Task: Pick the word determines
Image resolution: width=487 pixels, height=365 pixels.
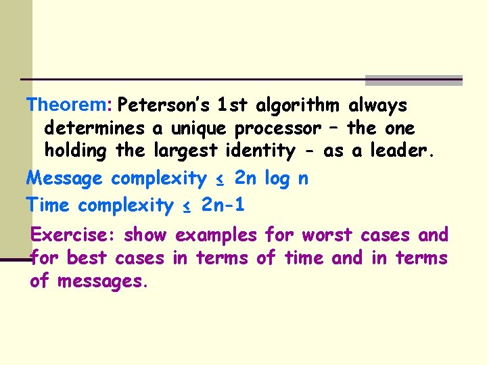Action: click(x=94, y=128)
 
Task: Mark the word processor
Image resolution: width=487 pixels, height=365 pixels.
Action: click(x=278, y=128)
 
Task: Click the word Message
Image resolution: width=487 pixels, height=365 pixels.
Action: click(x=64, y=178)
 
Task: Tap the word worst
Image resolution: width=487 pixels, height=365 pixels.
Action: click(x=328, y=235)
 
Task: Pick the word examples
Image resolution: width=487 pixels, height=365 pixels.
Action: click(x=216, y=235)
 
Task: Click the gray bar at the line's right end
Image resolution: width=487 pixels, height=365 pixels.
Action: click(x=414, y=80)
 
